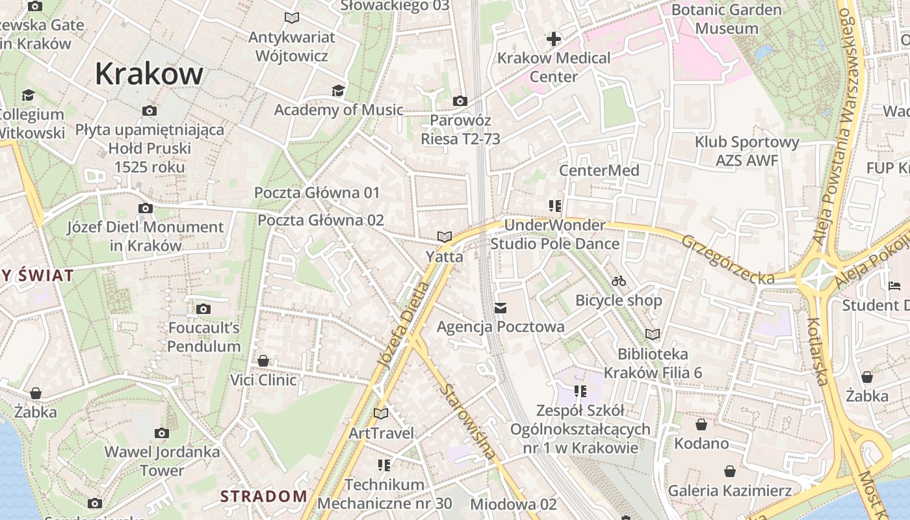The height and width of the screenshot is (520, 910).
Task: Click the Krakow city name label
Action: coord(149,74)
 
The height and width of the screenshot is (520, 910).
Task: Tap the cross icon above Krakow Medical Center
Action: coord(553,39)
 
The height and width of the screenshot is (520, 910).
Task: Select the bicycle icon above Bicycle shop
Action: coord(619,281)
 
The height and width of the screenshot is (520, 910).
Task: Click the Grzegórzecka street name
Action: coord(727,259)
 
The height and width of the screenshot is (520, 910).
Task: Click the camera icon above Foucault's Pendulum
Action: coord(203,309)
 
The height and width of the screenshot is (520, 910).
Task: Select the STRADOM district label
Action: coord(263,497)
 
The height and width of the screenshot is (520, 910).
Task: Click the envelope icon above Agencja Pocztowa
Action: coord(500,307)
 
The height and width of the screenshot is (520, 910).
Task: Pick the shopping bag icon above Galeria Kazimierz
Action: coord(730,471)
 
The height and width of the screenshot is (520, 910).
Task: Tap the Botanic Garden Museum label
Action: coord(726,19)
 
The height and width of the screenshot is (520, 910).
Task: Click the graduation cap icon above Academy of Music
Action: coord(338,90)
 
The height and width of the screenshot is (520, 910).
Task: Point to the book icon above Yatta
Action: coord(445,237)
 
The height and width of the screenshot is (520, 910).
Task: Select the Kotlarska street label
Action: coord(817,351)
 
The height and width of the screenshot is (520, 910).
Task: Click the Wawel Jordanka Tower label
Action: coord(162,460)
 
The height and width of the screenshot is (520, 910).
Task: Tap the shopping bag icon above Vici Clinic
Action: coord(263,361)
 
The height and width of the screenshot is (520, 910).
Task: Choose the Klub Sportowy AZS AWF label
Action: coord(747,151)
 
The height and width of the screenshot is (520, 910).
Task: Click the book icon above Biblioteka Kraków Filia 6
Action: coord(653,335)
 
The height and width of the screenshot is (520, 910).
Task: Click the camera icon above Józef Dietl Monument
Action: coord(146,208)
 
